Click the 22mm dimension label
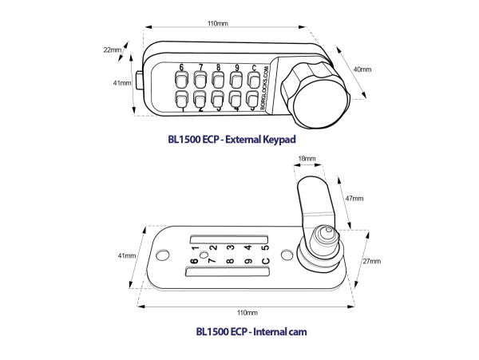coord(113,50)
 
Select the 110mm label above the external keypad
coord(216,25)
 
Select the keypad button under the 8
coord(217,81)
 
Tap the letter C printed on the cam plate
coord(266,259)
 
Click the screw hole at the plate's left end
coord(164,255)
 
